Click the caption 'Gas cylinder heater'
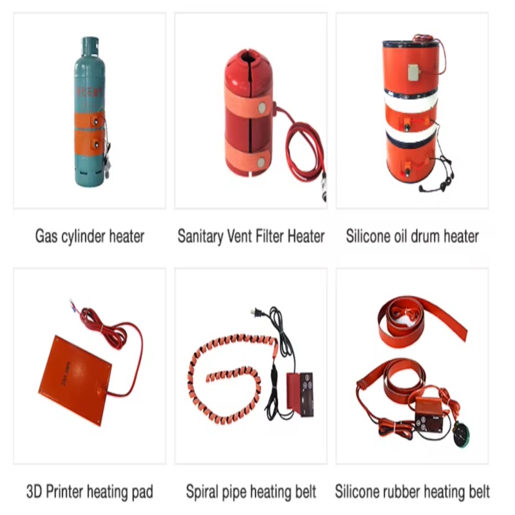89,236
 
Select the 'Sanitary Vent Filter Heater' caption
251,236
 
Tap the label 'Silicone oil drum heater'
412,236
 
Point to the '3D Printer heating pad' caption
89,492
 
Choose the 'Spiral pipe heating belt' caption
251,492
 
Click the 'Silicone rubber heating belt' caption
412,492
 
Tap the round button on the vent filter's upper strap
263,104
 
